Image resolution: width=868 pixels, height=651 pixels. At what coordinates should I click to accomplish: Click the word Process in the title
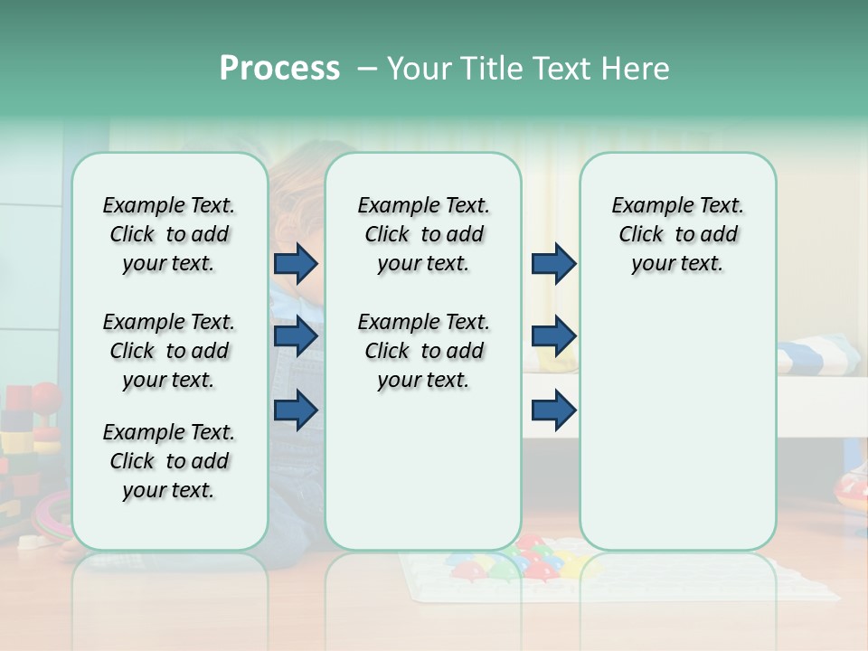pyautogui.click(x=279, y=69)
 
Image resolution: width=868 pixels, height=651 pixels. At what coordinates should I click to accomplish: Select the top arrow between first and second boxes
pyautogui.click(x=296, y=263)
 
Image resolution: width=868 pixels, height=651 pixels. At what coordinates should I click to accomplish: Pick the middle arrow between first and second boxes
pyautogui.click(x=296, y=336)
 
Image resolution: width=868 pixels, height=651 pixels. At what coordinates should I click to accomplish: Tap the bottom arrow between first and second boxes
pyautogui.click(x=296, y=410)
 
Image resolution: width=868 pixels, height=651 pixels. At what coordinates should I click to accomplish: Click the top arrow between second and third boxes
pyautogui.click(x=553, y=263)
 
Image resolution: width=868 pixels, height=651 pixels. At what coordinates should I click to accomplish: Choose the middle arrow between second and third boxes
pyautogui.click(x=553, y=336)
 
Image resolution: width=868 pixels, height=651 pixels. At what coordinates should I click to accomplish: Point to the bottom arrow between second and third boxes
pyautogui.click(x=553, y=410)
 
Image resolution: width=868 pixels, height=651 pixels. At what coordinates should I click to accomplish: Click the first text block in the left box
pyautogui.click(x=169, y=234)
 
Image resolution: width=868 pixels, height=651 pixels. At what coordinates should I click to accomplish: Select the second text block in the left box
pyautogui.click(x=169, y=351)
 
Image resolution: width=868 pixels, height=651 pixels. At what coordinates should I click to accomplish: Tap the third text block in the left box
pyautogui.click(x=169, y=461)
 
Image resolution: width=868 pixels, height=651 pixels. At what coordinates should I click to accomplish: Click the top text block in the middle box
pyautogui.click(x=423, y=234)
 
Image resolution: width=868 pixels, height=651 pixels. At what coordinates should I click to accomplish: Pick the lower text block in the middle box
pyautogui.click(x=423, y=351)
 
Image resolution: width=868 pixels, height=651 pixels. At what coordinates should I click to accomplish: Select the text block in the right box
pyautogui.click(x=677, y=234)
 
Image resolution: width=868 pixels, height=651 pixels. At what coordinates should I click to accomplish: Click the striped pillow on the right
pyautogui.click(x=814, y=355)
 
